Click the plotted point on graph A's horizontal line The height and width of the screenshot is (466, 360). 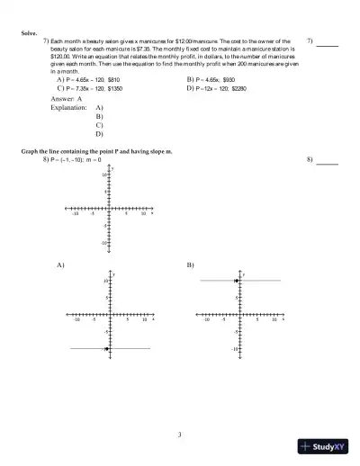tap(106, 348)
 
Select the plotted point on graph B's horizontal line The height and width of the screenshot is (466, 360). tap(236, 282)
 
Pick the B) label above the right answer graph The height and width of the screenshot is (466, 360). tap(190, 266)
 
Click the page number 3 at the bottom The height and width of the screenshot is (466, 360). tap(180, 436)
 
